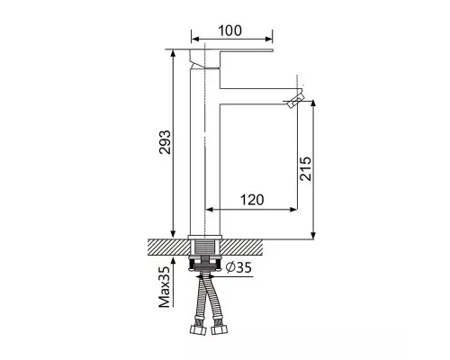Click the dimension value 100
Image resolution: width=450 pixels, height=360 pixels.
tap(229, 31)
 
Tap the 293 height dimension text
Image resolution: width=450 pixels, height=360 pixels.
tap(165, 142)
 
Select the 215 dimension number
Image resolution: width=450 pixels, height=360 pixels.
tap(306, 168)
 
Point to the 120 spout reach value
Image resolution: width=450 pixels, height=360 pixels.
tap(252, 200)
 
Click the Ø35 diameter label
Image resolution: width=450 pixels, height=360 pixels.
tap(238, 267)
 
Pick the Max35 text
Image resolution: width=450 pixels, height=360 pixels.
tap(165, 287)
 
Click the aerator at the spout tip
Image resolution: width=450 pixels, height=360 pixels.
tap(295, 100)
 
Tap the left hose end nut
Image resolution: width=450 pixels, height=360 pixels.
tap(198, 329)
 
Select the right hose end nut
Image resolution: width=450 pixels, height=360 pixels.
tap(219, 329)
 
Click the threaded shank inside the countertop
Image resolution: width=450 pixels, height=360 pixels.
tap(205, 247)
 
